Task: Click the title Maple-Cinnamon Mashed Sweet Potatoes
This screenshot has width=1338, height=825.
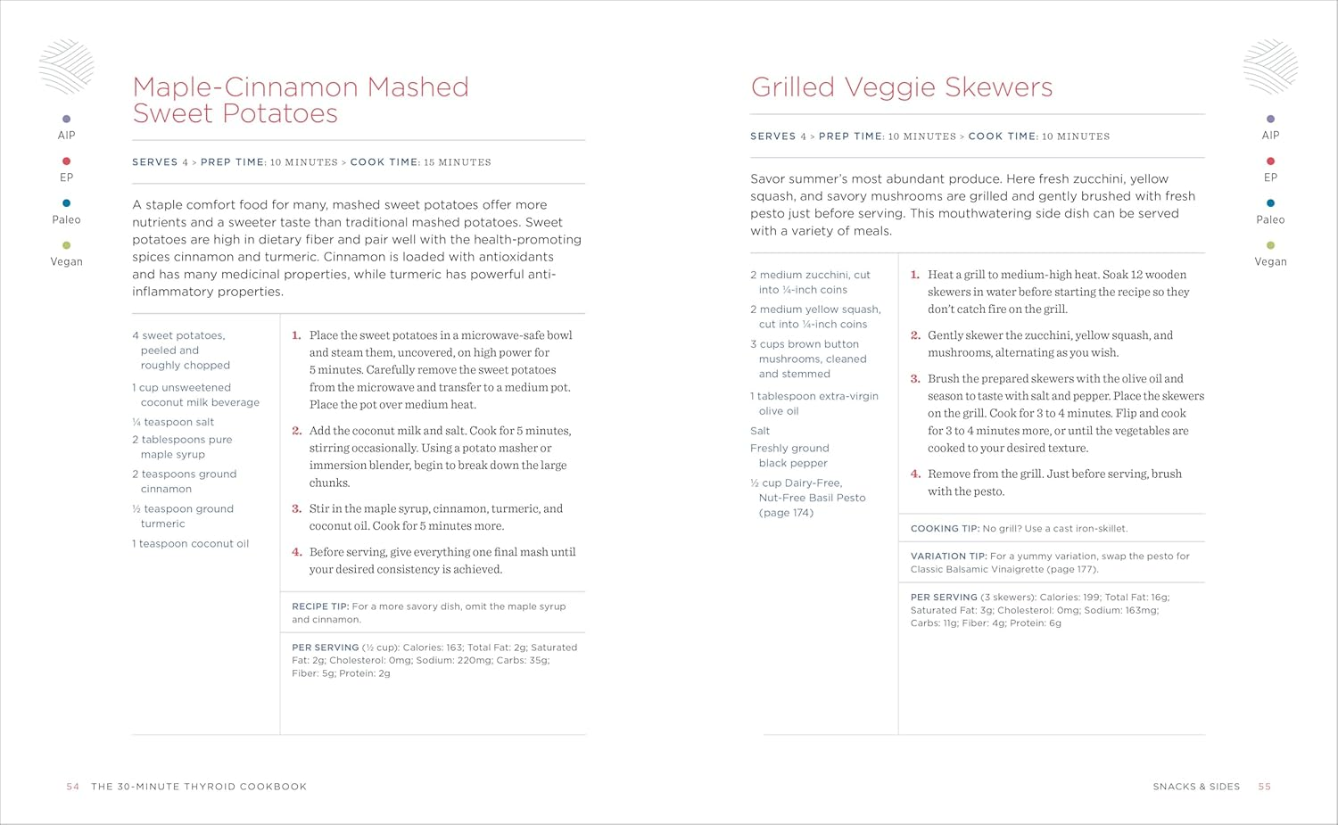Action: [301, 100]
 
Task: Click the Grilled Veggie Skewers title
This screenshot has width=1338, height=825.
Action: [902, 87]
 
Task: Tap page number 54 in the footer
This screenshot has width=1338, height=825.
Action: [73, 787]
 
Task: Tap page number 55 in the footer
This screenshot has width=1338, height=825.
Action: [1264, 787]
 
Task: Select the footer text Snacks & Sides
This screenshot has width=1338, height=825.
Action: [1196, 787]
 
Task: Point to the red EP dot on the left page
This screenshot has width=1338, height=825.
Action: [66, 161]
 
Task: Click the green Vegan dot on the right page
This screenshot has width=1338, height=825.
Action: [1270, 245]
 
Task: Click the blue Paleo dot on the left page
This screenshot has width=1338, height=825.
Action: [66, 203]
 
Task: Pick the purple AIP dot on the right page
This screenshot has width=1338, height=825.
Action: [1270, 119]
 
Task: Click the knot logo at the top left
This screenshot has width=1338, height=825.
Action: [66, 66]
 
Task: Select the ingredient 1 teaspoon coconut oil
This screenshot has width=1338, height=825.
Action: [191, 543]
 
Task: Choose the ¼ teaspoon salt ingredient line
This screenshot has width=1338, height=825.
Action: [173, 422]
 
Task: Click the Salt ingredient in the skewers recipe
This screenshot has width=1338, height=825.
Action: [760, 431]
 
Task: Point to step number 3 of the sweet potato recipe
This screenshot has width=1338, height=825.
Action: [297, 508]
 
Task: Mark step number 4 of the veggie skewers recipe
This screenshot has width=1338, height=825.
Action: [915, 474]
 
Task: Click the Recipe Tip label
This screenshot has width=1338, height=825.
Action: [320, 606]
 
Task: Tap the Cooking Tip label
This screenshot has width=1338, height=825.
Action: [945, 529]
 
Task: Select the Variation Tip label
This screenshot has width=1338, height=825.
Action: [948, 557]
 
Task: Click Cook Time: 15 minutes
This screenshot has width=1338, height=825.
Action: [420, 162]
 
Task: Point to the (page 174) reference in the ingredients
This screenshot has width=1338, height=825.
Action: [786, 513]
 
